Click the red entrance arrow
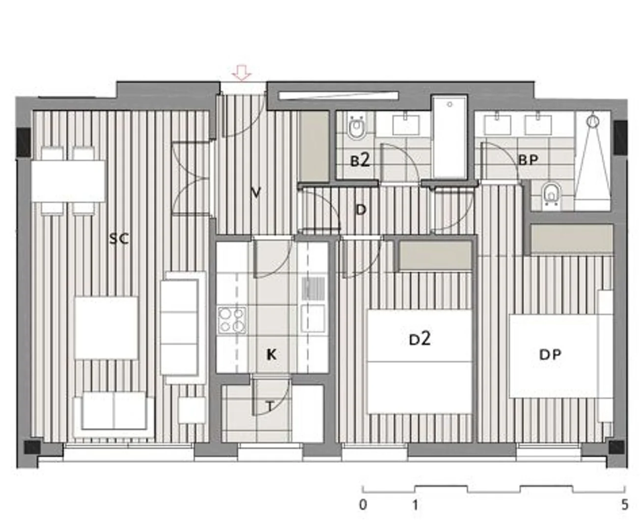[242, 73]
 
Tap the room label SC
[119, 238]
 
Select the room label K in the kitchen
[271, 354]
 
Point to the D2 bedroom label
[419, 339]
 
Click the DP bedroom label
[550, 354]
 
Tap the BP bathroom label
[529, 160]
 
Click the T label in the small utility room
[270, 407]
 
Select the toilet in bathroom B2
[356, 128]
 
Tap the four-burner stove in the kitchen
[232, 320]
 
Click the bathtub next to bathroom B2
[450, 136]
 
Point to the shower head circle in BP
[593, 122]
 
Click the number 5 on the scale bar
[625, 504]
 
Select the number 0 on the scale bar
[363, 504]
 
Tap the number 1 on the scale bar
[415, 504]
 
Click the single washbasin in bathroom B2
[406, 124]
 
